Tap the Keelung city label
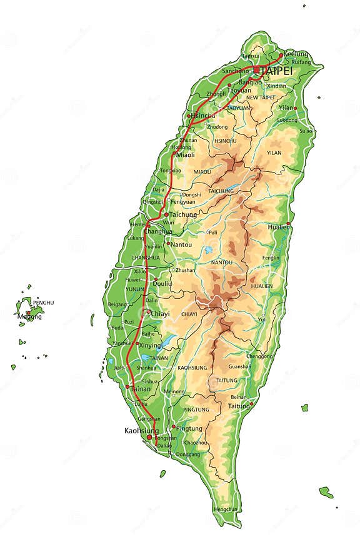(x=296, y=54)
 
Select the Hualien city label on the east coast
(x=279, y=227)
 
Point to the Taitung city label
(x=239, y=405)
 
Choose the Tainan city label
(x=141, y=388)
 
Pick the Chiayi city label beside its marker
(x=160, y=313)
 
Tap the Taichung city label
(x=183, y=214)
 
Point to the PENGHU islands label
(x=44, y=303)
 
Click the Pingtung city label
(x=189, y=428)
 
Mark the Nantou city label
(x=181, y=244)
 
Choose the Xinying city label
(x=150, y=345)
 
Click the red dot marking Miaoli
(x=174, y=153)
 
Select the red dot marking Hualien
(x=288, y=223)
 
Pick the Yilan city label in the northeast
(x=286, y=108)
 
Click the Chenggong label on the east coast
(x=260, y=356)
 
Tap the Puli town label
(x=213, y=232)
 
